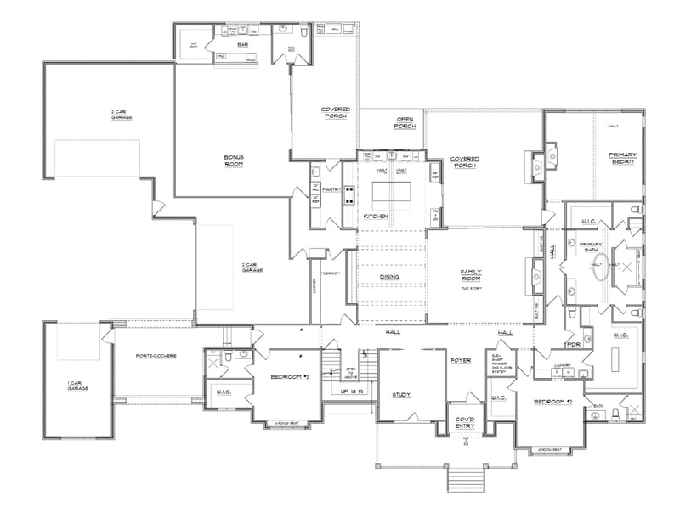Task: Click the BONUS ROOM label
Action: click(234, 161)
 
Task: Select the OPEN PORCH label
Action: click(404, 122)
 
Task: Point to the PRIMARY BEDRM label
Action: click(621, 158)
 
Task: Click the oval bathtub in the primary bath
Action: click(599, 266)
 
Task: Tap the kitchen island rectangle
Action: click(394, 194)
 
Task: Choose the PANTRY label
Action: click(331, 190)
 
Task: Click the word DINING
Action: click(390, 276)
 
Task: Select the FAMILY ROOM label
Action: click(471, 275)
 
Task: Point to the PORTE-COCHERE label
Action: click(156, 356)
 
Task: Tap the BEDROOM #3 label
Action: click(289, 376)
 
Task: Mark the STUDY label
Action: click(401, 394)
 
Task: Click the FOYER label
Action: click(461, 360)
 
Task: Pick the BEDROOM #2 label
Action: click(552, 401)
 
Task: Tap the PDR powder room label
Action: click(573, 345)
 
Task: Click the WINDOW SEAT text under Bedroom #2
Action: click(550, 449)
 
